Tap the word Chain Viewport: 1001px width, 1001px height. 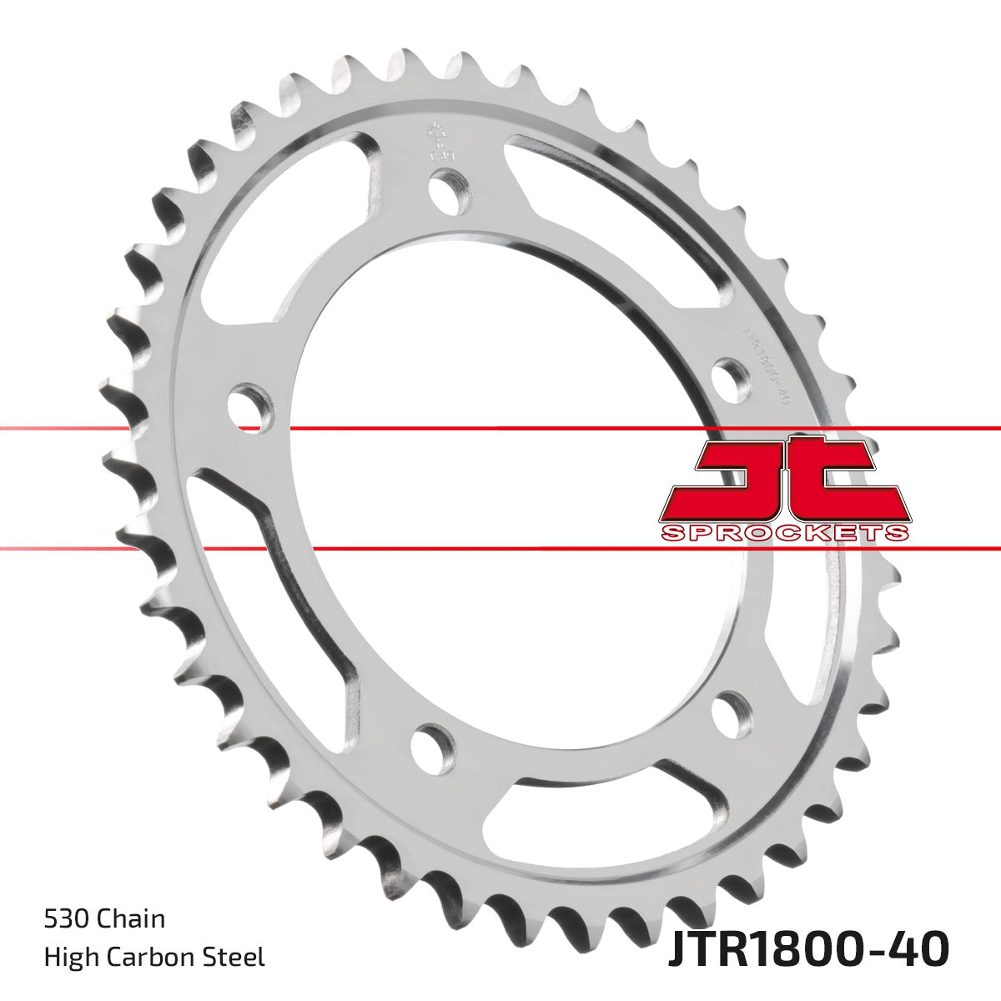pyautogui.click(x=131, y=919)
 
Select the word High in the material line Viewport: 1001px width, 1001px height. pyautogui.click(x=66, y=957)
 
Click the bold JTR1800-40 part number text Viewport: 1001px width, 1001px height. pyautogui.click(x=807, y=949)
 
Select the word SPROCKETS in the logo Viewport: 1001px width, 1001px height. pyautogui.click(x=784, y=533)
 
